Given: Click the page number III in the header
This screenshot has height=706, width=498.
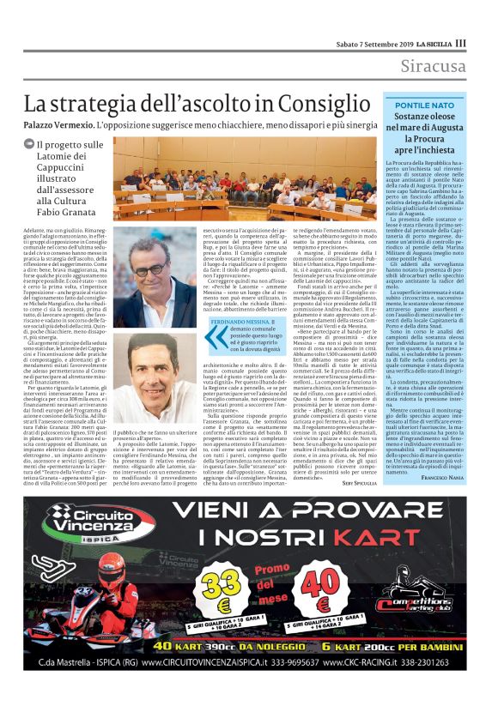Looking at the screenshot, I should [x=461, y=43].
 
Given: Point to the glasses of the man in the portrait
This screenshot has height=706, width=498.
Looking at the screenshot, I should [x=155, y=268].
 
